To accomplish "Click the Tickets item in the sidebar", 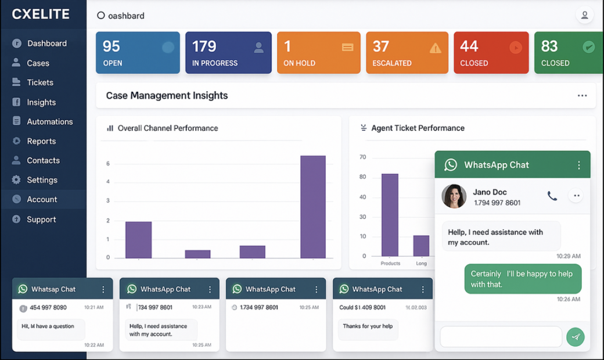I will pyautogui.click(x=39, y=82).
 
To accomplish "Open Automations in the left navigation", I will pyautogui.click(x=49, y=121).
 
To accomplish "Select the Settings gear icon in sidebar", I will pyautogui.click(x=16, y=180).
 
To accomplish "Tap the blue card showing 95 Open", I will pyautogui.click(x=138, y=53).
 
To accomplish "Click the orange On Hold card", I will pyautogui.click(x=318, y=53).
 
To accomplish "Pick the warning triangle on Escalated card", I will pyautogui.click(x=435, y=48).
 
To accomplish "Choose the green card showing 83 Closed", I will pyautogui.click(x=568, y=53).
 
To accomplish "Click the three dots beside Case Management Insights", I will pyautogui.click(x=582, y=96).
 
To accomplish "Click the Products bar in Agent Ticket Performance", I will pyautogui.click(x=390, y=215).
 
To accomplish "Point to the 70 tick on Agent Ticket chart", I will pyautogui.click(x=363, y=157).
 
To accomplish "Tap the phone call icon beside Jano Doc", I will pyautogui.click(x=552, y=196).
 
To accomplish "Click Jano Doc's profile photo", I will pyautogui.click(x=454, y=196).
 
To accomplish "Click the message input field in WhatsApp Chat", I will pyautogui.click(x=501, y=337).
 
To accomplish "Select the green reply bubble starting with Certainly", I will pyautogui.click(x=522, y=279).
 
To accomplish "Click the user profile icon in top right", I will pyautogui.click(x=584, y=16).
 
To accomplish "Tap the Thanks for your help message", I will pyautogui.click(x=368, y=326).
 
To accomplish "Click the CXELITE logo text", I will pyautogui.click(x=41, y=15).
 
